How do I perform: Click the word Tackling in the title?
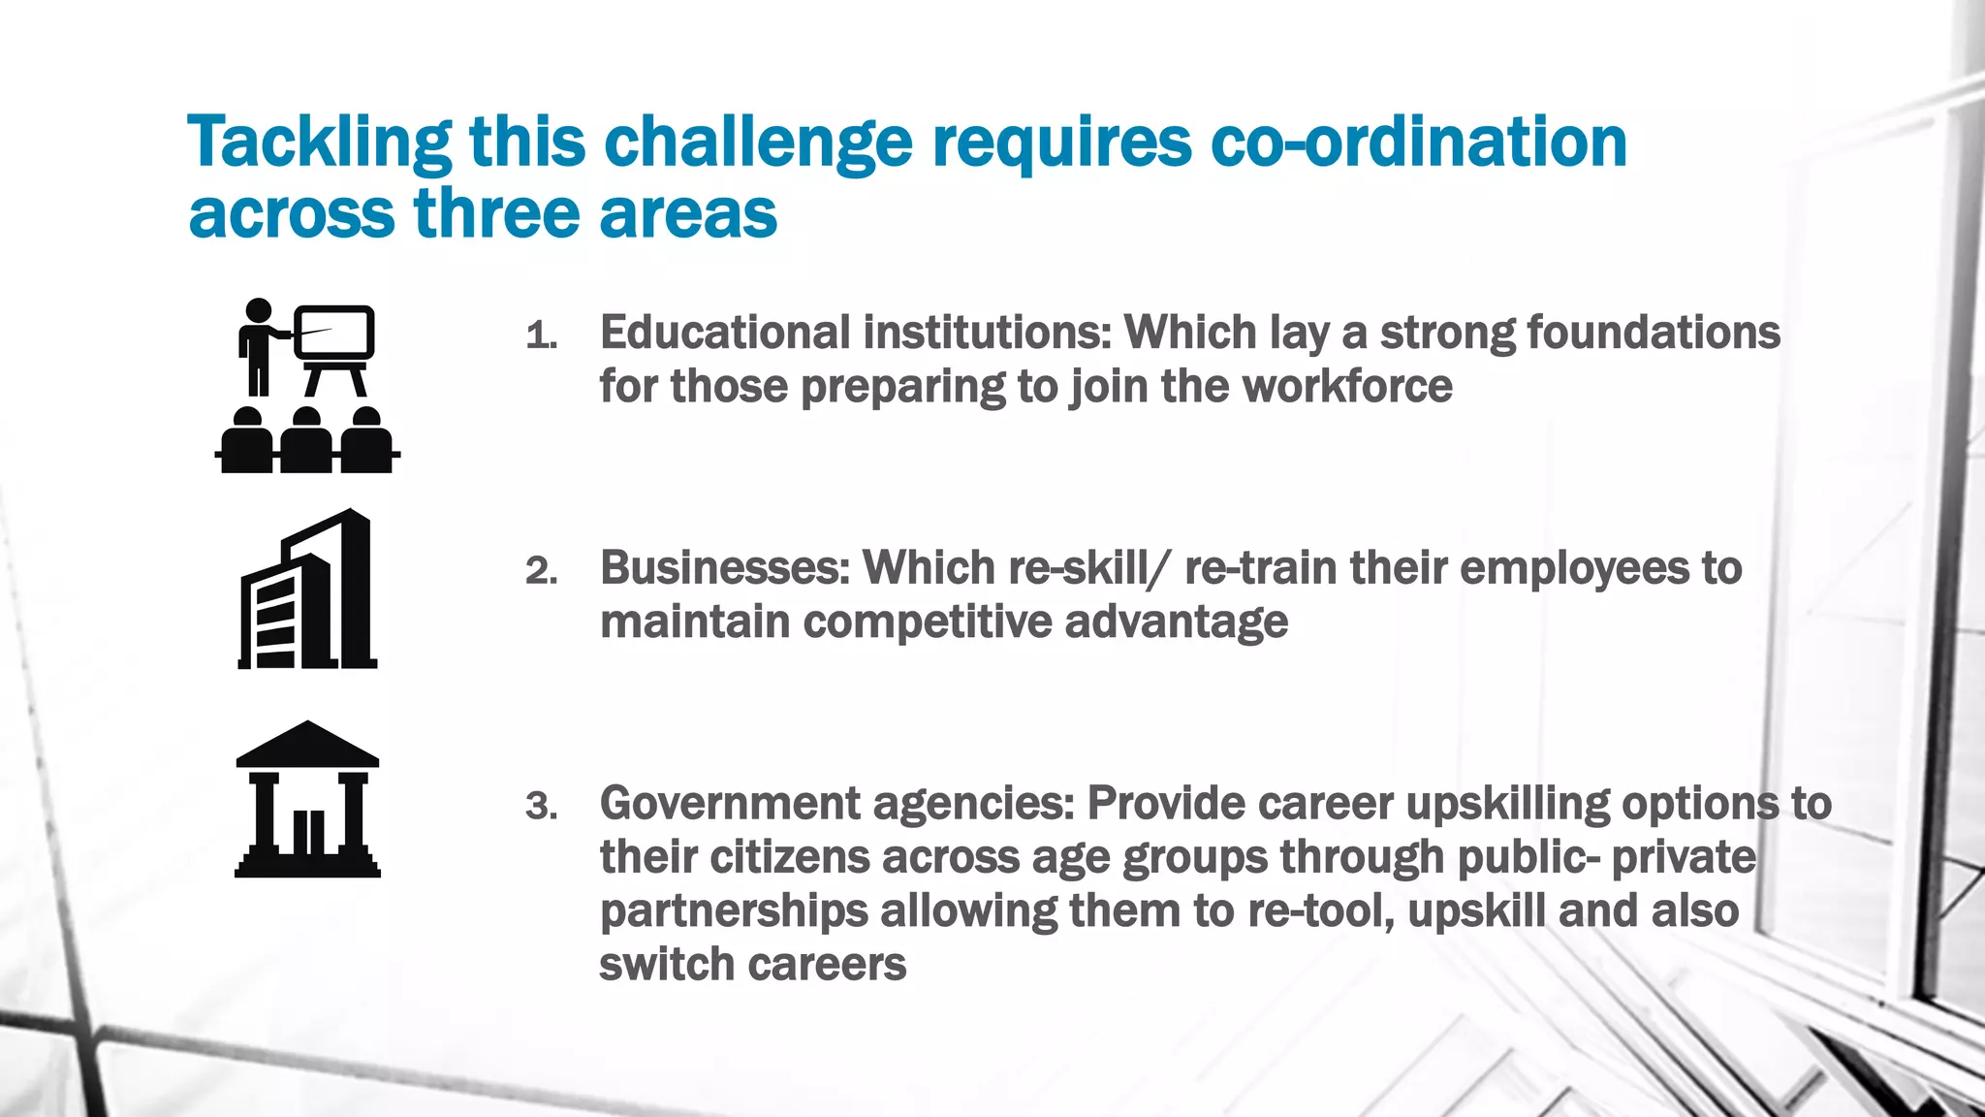(x=319, y=143)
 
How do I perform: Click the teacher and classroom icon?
(x=307, y=386)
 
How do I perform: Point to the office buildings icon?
(x=307, y=590)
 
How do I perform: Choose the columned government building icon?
(x=307, y=799)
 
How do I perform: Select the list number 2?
(x=541, y=572)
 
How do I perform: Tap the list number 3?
(x=541, y=807)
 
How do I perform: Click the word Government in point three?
(x=730, y=804)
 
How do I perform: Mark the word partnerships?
(x=734, y=911)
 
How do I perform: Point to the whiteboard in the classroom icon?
(x=334, y=332)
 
